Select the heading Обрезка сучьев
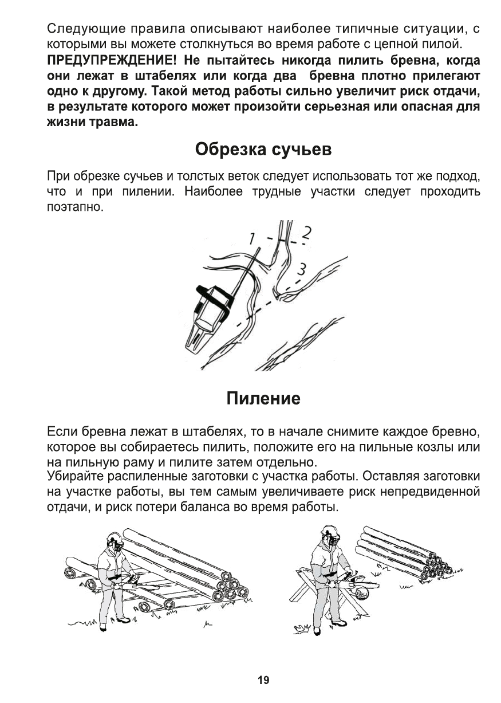click(x=263, y=150)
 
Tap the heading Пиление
click(x=263, y=398)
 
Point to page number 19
click(x=263, y=680)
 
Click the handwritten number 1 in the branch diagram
click(x=250, y=237)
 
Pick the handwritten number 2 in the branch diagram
click(x=307, y=233)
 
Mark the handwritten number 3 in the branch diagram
click(x=303, y=268)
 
